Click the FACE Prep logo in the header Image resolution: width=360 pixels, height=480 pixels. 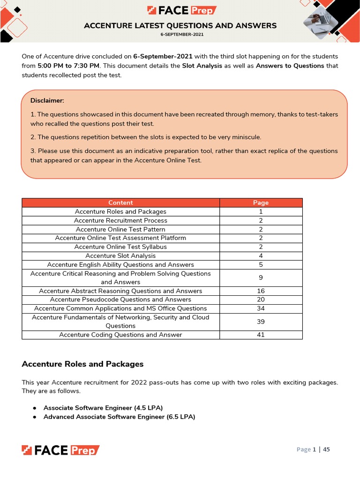(x=182, y=10)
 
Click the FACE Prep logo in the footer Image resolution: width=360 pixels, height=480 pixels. (x=60, y=450)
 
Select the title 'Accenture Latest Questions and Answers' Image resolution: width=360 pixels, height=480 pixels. (x=180, y=26)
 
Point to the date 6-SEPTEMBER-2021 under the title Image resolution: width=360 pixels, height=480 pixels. (x=180, y=34)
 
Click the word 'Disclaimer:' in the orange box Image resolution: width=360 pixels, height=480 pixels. (x=47, y=100)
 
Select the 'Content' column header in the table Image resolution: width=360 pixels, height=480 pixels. (x=120, y=202)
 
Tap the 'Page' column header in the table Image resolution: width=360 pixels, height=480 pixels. (x=261, y=202)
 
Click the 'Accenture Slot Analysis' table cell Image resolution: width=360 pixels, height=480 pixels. (x=120, y=255)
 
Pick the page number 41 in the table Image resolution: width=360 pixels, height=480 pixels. (x=261, y=335)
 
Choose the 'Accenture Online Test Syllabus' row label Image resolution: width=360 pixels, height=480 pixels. (x=120, y=247)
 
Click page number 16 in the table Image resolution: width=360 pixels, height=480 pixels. (x=261, y=291)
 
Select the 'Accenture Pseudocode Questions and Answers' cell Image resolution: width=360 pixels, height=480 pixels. (x=120, y=300)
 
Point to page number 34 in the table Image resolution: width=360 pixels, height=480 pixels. (x=261, y=308)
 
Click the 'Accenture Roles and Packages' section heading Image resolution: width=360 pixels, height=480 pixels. (x=82, y=364)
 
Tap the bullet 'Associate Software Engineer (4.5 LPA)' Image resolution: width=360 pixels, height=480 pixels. (x=103, y=407)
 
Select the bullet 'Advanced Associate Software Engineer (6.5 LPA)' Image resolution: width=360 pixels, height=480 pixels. (x=119, y=416)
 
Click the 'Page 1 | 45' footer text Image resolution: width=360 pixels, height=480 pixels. (x=313, y=450)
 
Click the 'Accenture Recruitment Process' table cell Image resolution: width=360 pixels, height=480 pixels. (x=120, y=220)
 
